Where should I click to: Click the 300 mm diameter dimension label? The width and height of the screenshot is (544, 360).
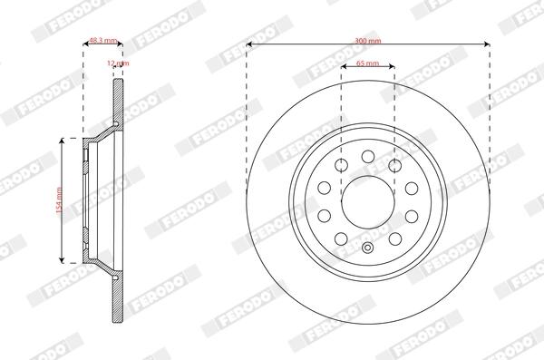[x=368, y=41]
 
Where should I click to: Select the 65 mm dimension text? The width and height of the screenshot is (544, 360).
[x=368, y=63]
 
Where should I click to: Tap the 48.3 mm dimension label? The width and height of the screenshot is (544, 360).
[x=103, y=41]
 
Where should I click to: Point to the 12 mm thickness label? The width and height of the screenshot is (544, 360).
[x=118, y=63]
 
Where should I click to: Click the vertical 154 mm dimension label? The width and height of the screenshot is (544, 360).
[x=59, y=200]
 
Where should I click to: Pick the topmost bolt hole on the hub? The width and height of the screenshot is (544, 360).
[x=368, y=157]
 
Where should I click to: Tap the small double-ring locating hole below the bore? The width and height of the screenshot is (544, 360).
[x=368, y=248]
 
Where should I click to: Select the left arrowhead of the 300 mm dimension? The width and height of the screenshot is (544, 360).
[x=248, y=44]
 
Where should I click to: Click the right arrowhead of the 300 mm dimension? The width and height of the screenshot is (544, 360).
[x=487, y=44]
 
